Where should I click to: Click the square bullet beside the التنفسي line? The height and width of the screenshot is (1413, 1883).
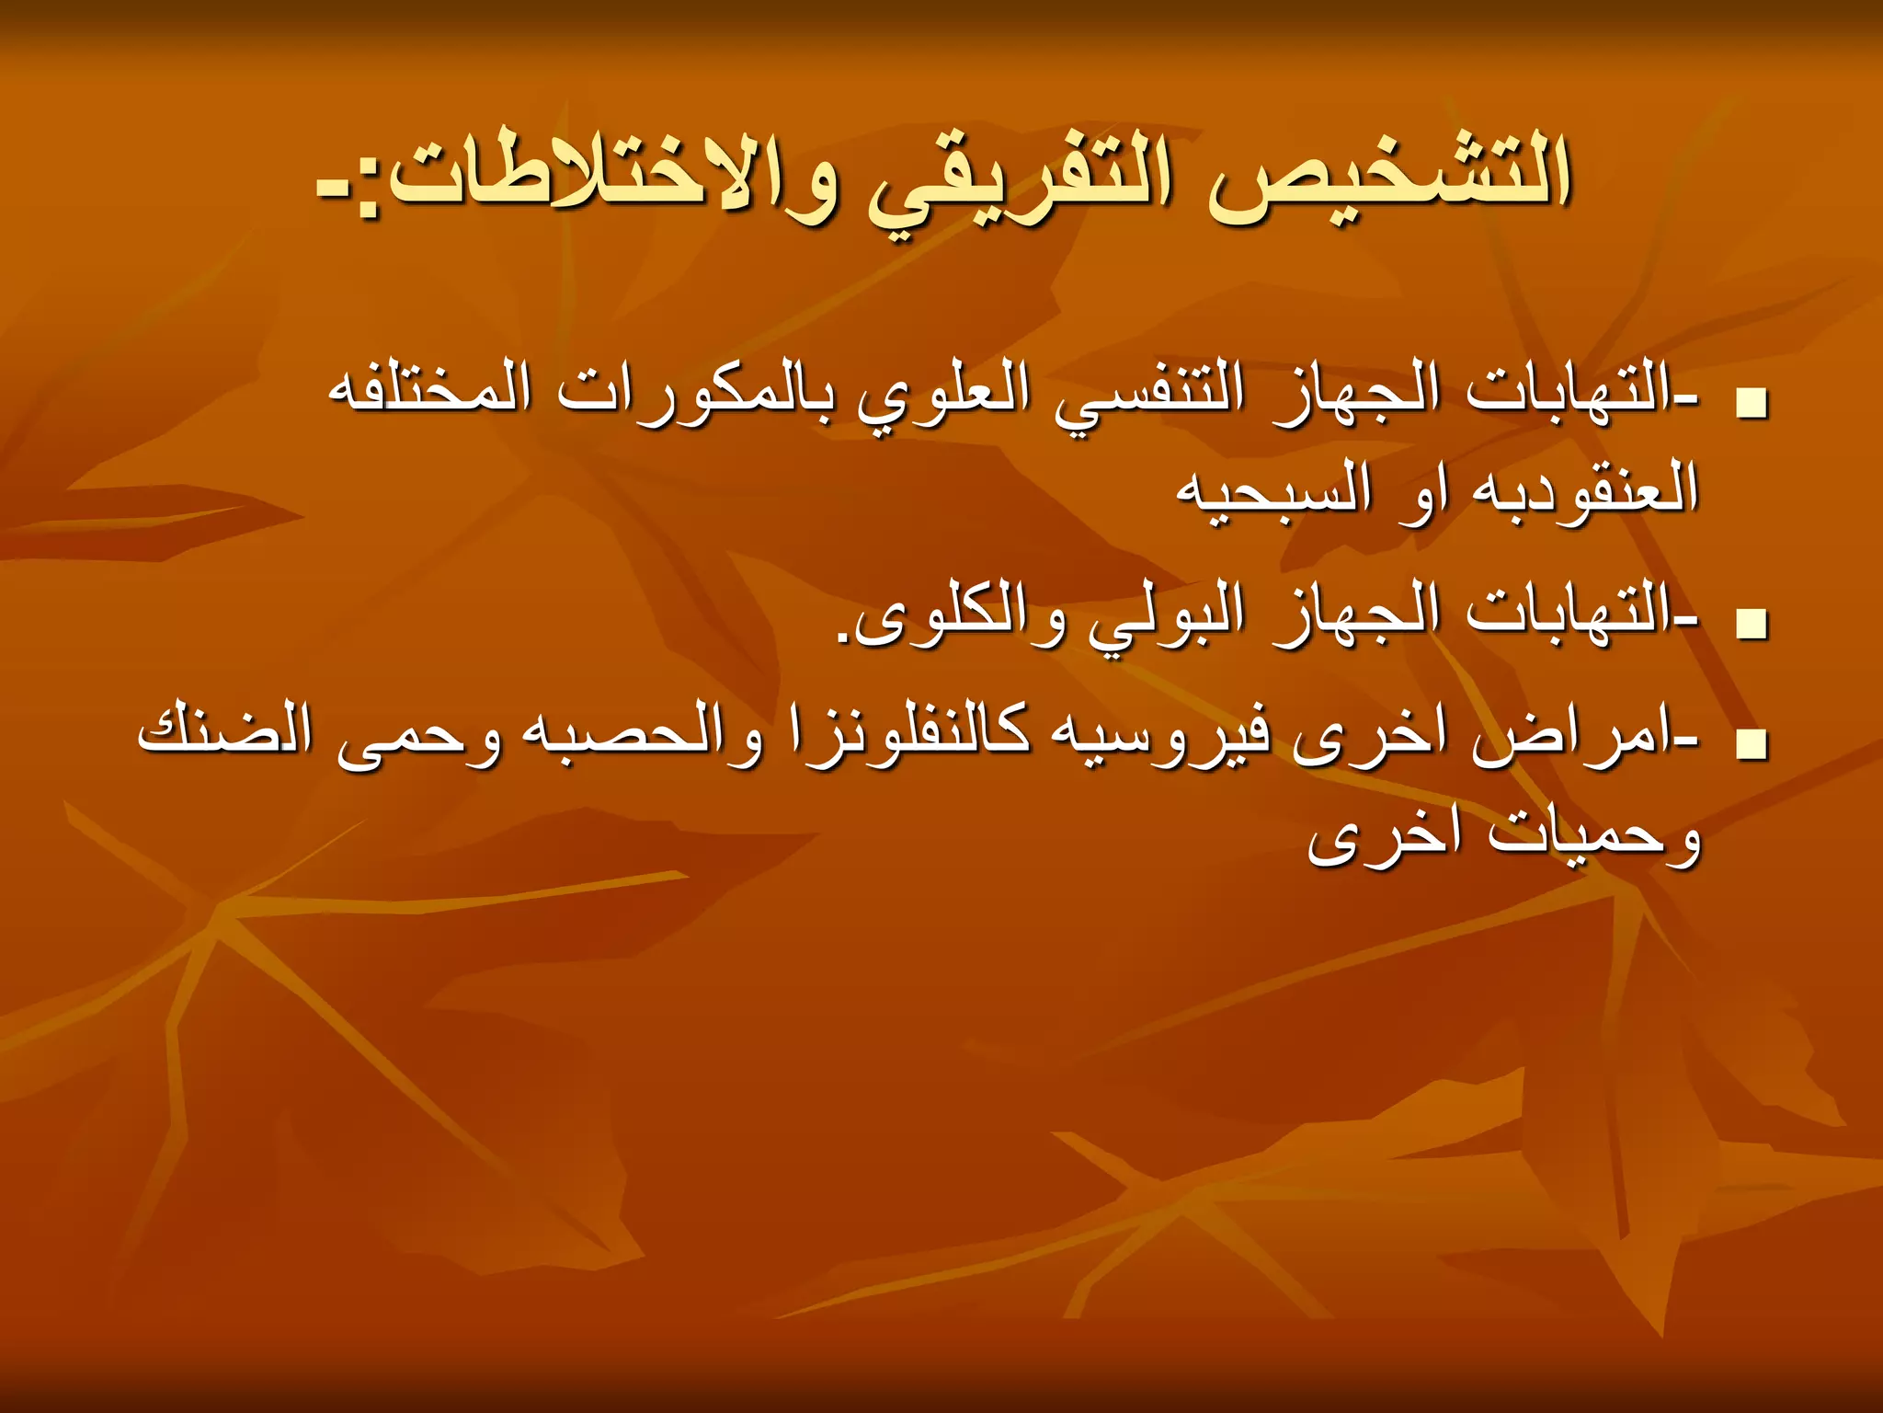(1753, 406)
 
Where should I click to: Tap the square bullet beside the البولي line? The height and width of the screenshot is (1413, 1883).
(1753, 625)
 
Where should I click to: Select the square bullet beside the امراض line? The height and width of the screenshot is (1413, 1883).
(1753, 746)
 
